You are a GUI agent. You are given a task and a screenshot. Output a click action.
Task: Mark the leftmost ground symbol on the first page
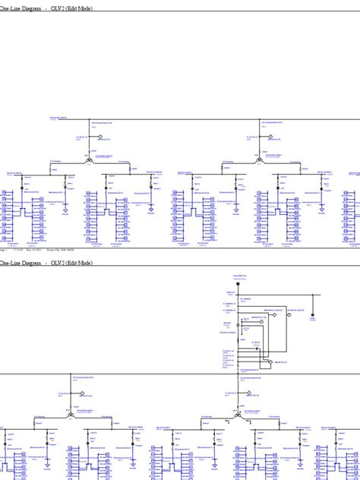(65, 212)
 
